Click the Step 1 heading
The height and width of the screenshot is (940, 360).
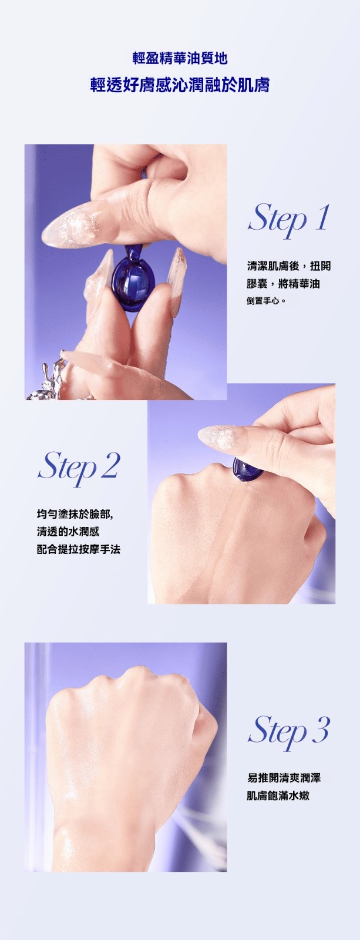click(288, 220)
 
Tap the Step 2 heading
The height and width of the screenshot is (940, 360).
click(79, 467)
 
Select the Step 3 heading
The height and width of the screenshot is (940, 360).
click(289, 731)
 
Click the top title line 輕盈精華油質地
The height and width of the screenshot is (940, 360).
click(180, 58)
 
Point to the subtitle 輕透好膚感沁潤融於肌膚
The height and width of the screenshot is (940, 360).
click(180, 85)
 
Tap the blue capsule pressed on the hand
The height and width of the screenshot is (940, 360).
click(248, 469)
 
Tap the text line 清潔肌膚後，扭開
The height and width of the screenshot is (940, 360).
click(289, 266)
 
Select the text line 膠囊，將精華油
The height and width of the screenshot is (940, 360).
click(283, 284)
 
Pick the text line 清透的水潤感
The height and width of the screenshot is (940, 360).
click(68, 532)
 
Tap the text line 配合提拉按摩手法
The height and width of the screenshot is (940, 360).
click(79, 549)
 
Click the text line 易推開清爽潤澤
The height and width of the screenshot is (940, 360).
click(284, 778)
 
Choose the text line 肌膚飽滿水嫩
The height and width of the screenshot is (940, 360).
click(278, 795)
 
